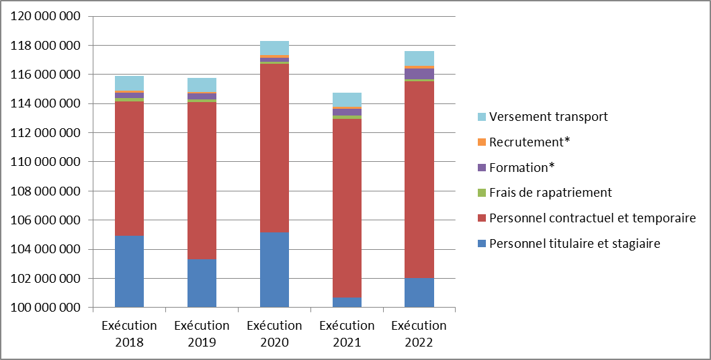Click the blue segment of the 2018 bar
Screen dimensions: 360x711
click(x=129, y=271)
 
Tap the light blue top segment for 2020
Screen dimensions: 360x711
click(x=274, y=48)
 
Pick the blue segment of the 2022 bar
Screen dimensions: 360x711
click(x=419, y=292)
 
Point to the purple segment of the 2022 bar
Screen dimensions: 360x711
click(x=419, y=73)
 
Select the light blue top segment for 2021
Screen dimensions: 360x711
click(x=347, y=99)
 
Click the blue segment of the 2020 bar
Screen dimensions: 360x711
click(x=274, y=269)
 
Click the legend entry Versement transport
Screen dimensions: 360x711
click(x=548, y=117)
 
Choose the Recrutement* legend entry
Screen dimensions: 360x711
click(x=525, y=142)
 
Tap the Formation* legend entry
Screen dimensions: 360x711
click(x=522, y=167)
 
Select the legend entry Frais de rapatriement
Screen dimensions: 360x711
click(x=550, y=193)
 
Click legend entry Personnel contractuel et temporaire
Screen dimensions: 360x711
click(x=592, y=218)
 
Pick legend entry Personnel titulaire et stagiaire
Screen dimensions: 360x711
click(x=575, y=243)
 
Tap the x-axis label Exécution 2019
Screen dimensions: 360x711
click(x=202, y=334)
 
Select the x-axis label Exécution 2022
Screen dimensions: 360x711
click(x=419, y=334)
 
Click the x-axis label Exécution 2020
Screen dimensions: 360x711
click(x=274, y=334)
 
